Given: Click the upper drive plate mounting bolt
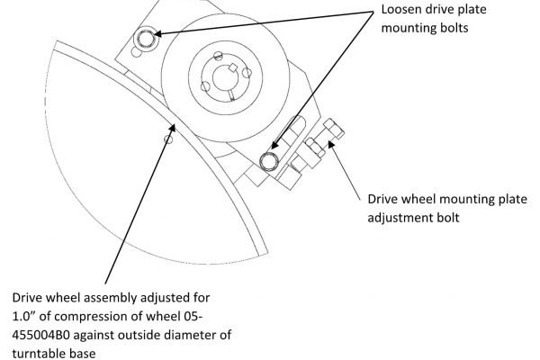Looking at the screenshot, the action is point(146,38).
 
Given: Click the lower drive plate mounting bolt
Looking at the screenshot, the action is point(268,161).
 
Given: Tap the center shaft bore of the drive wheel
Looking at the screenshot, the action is point(226,78).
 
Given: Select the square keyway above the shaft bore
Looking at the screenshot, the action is point(233,67).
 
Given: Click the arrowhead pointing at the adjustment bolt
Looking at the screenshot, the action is point(331,144).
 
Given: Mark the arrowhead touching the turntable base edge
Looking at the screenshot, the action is point(172,129).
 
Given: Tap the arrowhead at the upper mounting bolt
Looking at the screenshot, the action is point(157,34).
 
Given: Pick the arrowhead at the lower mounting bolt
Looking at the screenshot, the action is point(274,145).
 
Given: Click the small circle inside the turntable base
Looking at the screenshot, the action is point(168,139).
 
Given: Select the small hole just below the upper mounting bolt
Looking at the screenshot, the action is point(137,52).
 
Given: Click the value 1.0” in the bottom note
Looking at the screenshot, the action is point(23,316).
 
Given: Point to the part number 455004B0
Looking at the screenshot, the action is point(40,335).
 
